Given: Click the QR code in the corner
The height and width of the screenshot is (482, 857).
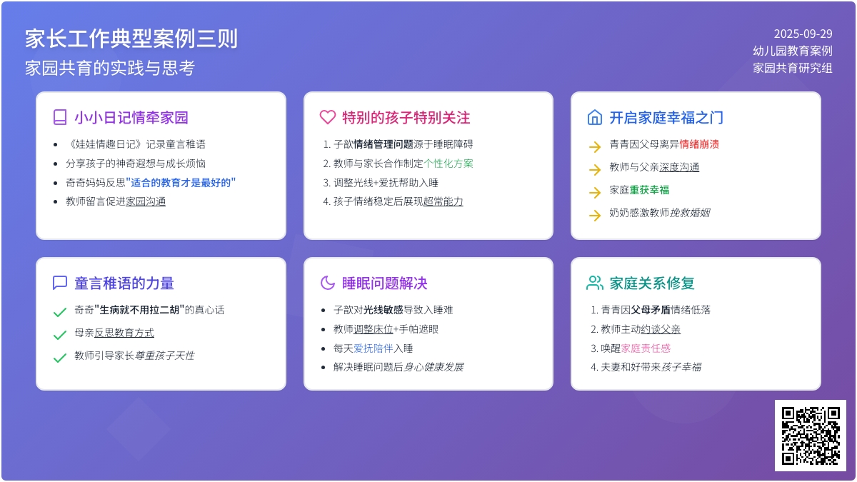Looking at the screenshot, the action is (811, 436).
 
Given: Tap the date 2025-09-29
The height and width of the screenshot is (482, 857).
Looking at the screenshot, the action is (803, 34).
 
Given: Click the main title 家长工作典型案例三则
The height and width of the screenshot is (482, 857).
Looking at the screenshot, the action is (131, 39).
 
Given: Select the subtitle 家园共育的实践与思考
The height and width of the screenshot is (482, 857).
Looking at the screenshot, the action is (110, 68).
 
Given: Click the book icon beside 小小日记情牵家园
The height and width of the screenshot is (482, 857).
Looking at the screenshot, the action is (60, 117).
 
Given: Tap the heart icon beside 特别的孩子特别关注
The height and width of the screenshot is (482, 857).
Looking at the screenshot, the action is (328, 117).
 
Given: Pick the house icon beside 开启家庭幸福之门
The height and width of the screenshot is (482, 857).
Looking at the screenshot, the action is (594, 117).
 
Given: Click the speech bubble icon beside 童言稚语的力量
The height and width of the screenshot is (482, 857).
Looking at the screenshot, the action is (60, 283).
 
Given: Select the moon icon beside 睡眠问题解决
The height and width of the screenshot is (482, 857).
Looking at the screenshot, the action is (328, 283).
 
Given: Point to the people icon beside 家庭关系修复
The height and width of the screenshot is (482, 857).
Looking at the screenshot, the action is (594, 283).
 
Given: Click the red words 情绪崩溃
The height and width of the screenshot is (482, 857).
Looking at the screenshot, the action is (699, 144).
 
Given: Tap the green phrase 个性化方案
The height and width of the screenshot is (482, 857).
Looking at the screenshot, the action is (448, 164).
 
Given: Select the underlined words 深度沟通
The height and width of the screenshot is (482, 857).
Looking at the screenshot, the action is (679, 167).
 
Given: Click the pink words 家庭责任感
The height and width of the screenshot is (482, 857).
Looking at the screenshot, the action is (646, 348).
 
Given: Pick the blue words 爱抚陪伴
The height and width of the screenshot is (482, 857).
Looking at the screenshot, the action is (373, 348).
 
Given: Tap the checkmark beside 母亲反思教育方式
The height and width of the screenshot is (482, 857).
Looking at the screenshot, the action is (60, 335).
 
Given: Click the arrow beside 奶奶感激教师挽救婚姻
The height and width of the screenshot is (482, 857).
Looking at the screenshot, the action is (595, 216).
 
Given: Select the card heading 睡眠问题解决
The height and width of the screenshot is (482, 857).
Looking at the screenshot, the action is (384, 283).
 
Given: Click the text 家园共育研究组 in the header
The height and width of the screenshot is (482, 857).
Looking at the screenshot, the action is (792, 68).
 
